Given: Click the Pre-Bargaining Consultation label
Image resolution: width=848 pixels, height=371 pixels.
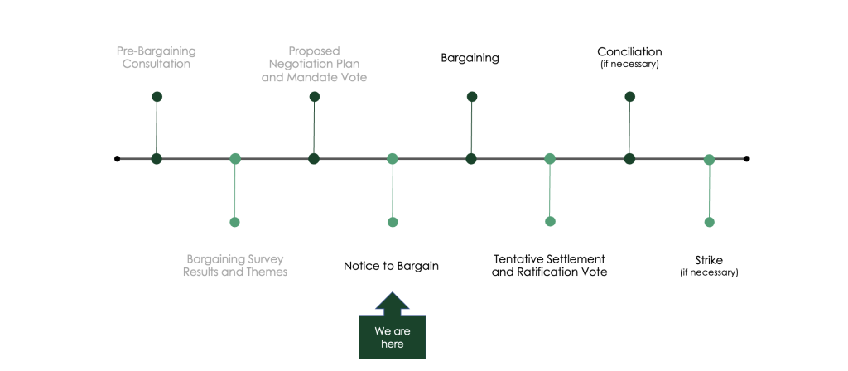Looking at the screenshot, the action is (x=157, y=57).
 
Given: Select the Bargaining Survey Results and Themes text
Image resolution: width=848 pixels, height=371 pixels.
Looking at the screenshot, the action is (x=234, y=265).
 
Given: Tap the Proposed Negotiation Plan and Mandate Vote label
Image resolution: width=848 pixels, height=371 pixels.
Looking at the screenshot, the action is (x=314, y=65).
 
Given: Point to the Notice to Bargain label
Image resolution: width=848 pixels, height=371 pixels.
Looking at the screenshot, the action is (x=391, y=266).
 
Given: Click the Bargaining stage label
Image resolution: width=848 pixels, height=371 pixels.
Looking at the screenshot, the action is (x=470, y=58).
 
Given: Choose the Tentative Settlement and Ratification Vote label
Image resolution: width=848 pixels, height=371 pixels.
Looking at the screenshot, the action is (x=550, y=265).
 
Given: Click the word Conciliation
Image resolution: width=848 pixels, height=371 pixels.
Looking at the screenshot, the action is (x=629, y=52).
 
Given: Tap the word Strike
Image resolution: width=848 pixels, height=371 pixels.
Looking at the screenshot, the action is (x=709, y=260).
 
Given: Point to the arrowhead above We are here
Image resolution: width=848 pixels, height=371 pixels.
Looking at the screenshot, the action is (x=392, y=303).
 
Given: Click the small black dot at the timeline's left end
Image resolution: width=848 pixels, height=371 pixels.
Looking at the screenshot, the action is (x=117, y=158).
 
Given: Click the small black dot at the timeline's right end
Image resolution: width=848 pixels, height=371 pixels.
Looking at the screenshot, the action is (x=746, y=158).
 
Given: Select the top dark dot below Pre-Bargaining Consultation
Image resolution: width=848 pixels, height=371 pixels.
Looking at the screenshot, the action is (x=157, y=97).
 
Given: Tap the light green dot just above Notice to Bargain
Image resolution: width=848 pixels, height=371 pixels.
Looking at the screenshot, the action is (x=393, y=222).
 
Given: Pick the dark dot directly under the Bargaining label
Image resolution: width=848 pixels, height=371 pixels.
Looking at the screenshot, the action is (x=471, y=97).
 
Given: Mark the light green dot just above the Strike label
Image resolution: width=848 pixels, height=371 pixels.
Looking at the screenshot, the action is (x=709, y=222).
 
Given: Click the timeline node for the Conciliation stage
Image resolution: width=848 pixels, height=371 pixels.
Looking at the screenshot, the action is (x=629, y=159).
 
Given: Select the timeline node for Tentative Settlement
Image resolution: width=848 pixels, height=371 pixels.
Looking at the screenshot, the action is (x=550, y=159).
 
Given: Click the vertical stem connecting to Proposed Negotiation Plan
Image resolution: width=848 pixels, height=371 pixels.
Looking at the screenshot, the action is (x=314, y=128).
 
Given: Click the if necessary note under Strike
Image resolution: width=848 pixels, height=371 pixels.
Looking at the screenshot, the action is (x=709, y=272).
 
